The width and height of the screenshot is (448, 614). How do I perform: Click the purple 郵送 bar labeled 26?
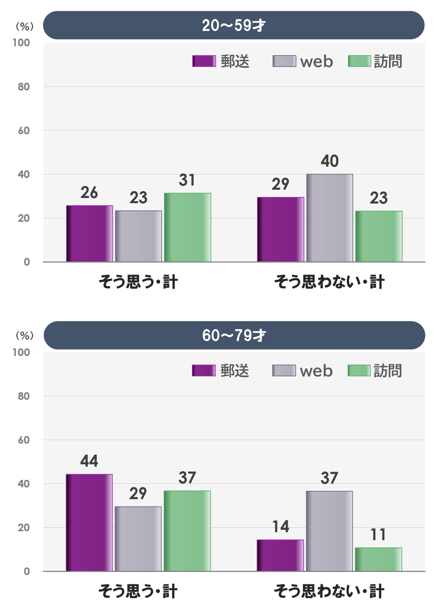point(90,234)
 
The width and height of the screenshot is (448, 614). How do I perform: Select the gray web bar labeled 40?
point(329,218)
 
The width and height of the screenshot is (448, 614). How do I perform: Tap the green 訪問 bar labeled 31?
point(187,227)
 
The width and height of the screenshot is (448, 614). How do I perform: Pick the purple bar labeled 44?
point(89,522)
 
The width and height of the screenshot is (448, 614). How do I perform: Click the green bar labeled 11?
point(378,559)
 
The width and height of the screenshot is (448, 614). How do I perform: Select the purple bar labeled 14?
point(280,555)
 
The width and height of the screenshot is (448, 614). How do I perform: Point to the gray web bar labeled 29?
point(138,539)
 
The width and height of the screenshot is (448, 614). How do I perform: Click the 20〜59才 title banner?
point(234,26)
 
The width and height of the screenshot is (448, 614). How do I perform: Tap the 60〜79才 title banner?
point(234,335)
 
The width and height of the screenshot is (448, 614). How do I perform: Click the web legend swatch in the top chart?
point(284,61)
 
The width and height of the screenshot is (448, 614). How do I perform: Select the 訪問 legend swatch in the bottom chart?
point(359,370)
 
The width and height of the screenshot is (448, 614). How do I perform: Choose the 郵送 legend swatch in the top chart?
point(204,61)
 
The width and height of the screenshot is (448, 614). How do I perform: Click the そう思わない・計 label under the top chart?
point(329,282)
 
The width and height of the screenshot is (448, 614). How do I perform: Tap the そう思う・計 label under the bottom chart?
point(138,592)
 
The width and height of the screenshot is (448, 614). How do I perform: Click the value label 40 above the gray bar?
point(329,161)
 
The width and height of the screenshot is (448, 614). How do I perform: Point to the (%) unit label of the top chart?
point(24,26)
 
